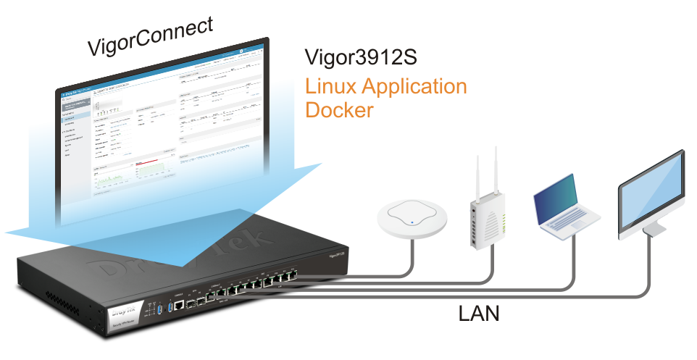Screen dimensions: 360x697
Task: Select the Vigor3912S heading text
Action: point(360,57)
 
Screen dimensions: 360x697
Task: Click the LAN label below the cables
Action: point(479,314)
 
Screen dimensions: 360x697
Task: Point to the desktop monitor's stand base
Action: point(655,229)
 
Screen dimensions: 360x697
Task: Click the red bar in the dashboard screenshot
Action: point(147,161)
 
